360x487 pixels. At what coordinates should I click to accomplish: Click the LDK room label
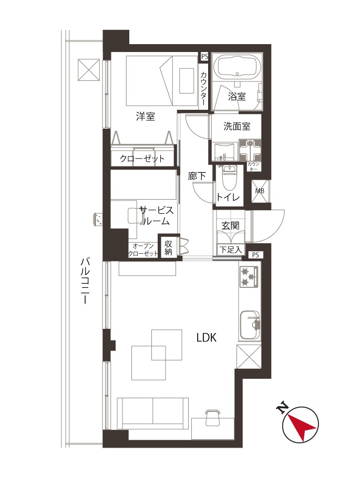[x=206, y=337]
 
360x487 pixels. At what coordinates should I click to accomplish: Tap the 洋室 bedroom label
[x=146, y=117]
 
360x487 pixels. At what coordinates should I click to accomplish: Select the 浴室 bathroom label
[x=236, y=96]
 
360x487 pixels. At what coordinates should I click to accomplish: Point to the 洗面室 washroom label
[x=236, y=127]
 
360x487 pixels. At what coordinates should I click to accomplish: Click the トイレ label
[x=228, y=197]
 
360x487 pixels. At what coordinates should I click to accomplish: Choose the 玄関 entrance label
[x=231, y=225]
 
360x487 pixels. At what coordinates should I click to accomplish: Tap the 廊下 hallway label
[x=197, y=176]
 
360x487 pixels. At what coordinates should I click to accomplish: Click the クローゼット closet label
[x=142, y=159]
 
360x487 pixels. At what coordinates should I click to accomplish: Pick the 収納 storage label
[x=168, y=247]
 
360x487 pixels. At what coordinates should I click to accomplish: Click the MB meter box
[x=260, y=191]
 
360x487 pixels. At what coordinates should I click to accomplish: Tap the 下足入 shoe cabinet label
[x=231, y=250]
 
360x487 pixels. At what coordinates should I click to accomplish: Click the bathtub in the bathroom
[x=238, y=67]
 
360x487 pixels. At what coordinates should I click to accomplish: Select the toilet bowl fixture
[x=229, y=179]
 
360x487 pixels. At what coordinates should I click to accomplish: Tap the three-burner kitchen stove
[x=249, y=276]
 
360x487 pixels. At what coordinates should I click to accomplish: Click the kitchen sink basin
[x=250, y=325]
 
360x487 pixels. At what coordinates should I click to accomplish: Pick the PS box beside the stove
[x=255, y=255]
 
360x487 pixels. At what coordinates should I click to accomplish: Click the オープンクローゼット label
[x=143, y=250]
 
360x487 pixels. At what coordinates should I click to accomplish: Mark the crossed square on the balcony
[x=89, y=70]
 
